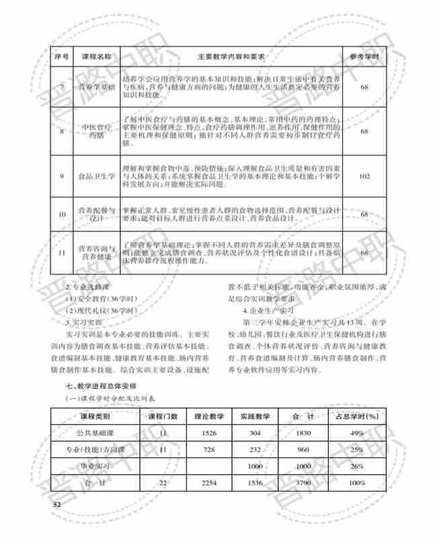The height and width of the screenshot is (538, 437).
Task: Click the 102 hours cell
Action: tap(364, 176)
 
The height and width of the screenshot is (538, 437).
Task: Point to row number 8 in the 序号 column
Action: tap(61, 131)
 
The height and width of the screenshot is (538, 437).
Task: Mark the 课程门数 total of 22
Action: tap(163, 483)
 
